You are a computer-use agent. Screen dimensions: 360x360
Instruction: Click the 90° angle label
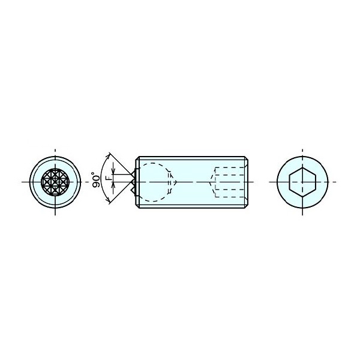tap(97, 179)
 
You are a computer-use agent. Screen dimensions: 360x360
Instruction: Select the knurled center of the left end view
tap(55, 182)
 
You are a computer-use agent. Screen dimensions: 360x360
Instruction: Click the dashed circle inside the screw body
tap(140, 182)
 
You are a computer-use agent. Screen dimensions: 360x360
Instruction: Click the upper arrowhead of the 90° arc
tap(109, 155)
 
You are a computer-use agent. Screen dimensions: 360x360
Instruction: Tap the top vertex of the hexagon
tap(302, 167)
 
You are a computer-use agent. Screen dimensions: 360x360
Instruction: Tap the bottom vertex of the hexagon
tap(302, 197)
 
